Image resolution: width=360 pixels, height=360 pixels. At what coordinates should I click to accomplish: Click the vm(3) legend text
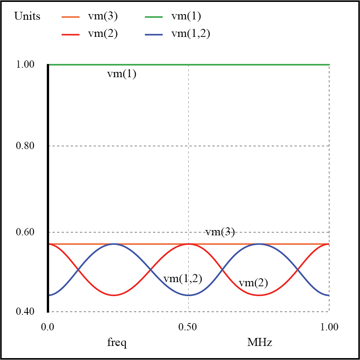point(103,16)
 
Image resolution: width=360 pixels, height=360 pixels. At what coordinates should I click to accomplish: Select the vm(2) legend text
point(103,33)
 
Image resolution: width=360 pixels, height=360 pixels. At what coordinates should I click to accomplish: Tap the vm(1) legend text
point(186,16)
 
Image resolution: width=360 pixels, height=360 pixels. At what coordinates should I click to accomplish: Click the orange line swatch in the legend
point(70,17)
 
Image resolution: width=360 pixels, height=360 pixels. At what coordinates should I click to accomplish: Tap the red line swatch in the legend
point(70,34)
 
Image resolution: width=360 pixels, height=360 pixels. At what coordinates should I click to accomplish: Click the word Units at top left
point(27,16)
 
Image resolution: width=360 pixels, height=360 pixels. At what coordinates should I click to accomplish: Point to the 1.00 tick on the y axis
point(25,65)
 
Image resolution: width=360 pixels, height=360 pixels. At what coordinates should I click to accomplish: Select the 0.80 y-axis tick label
point(25,146)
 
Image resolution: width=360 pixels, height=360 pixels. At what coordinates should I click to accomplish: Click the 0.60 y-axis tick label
point(25,232)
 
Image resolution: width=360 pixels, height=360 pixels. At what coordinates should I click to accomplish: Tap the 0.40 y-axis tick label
point(25,312)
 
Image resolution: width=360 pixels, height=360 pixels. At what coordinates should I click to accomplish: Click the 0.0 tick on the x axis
point(48,327)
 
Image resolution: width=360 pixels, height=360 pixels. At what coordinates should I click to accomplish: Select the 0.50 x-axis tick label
point(188,327)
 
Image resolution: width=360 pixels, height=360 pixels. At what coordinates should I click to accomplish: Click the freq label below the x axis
point(117,343)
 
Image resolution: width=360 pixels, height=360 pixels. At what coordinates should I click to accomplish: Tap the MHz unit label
point(260,343)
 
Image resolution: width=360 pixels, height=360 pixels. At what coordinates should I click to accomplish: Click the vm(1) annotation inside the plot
point(121,74)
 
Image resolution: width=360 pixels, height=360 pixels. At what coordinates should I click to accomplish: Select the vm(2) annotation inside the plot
point(253,283)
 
